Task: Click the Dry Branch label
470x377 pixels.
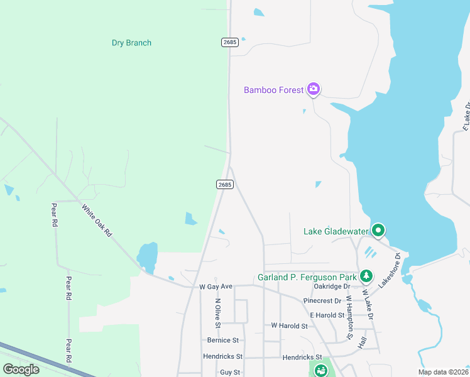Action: coord(131,43)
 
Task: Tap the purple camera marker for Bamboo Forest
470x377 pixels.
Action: coord(314,89)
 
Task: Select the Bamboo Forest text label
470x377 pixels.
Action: coord(274,90)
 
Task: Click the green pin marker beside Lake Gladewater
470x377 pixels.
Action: coord(378,231)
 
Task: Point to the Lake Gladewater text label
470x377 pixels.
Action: coord(336,231)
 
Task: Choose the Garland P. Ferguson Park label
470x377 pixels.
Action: coord(307,277)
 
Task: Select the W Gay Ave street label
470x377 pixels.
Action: coord(216,287)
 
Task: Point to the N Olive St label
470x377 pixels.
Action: coord(218,312)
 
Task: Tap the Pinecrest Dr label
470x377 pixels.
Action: coord(320,301)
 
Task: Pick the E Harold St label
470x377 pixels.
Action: coord(322,315)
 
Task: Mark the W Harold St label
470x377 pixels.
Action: coord(289,326)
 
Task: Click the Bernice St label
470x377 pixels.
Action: coord(223,340)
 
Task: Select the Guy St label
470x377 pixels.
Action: coord(230,373)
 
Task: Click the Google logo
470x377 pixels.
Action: coord(21,369)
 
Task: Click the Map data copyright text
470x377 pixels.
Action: coord(444,372)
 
